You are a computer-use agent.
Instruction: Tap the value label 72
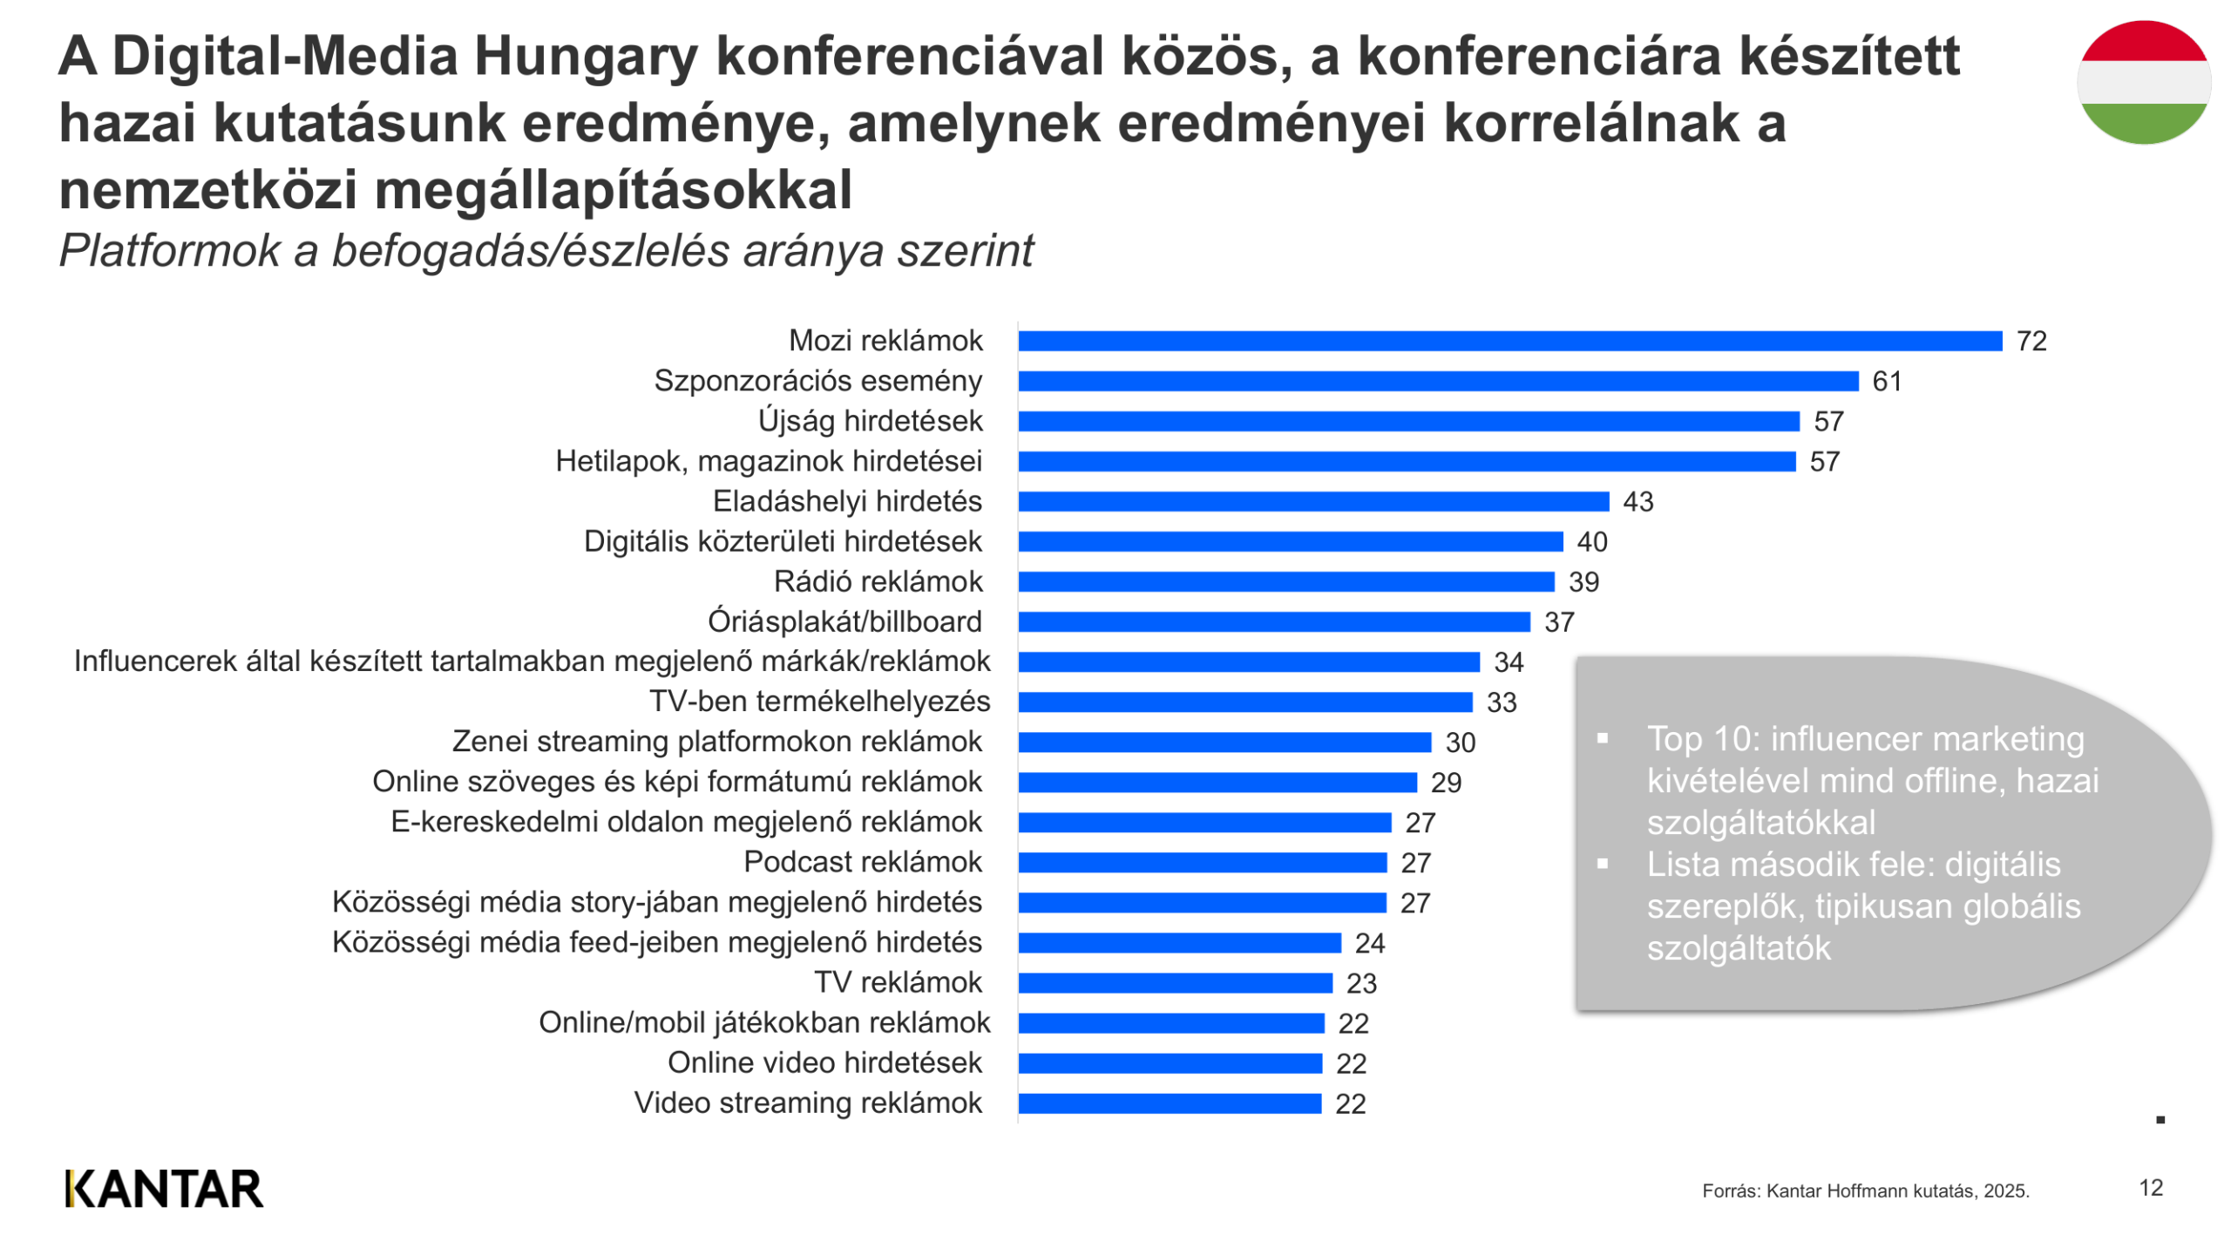pos(2030,341)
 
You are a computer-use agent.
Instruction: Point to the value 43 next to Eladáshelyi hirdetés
pos(1637,501)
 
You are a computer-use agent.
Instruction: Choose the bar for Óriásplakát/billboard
pos(1273,621)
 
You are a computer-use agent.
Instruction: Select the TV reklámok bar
pos(1175,983)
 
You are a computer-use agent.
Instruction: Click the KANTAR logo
pos(164,1189)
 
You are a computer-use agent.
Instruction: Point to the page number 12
pos(2149,1187)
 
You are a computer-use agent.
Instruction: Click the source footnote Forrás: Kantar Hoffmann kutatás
pos(1864,1191)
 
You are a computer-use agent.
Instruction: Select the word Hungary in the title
pos(585,57)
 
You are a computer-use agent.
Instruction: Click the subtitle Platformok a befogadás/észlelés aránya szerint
pos(546,251)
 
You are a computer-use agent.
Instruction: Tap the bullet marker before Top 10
pos(1601,738)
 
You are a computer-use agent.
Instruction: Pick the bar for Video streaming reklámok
pos(1169,1103)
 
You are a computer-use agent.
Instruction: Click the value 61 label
pos(1885,381)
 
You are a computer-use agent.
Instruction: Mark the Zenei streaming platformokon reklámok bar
pos(1224,742)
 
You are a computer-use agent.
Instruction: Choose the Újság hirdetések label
pos(869,421)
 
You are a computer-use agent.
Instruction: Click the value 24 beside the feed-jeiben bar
pos(1368,943)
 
